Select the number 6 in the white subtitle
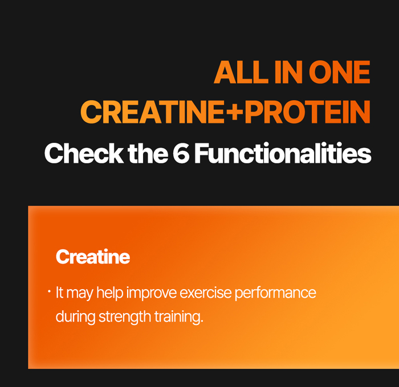(x=181, y=154)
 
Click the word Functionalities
(x=283, y=154)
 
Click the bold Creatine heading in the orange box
(x=93, y=257)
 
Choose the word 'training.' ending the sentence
(x=179, y=317)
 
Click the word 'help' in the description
(x=109, y=294)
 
